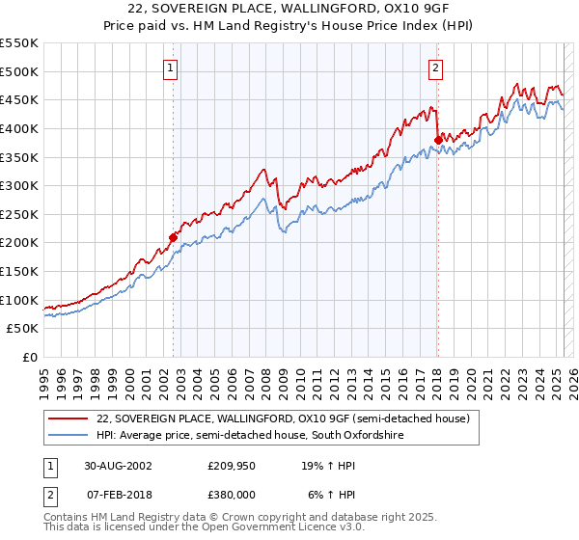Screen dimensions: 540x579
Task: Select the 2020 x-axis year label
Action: (x=470, y=374)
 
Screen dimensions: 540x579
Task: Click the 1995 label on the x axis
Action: (x=44, y=374)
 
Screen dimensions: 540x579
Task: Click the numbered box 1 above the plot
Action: (x=171, y=68)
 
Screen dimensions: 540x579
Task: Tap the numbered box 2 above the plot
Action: (x=436, y=68)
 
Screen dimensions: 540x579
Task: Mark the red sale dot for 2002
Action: (x=174, y=236)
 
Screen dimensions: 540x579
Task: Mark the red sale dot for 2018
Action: (x=438, y=139)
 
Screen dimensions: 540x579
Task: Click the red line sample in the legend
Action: (x=69, y=418)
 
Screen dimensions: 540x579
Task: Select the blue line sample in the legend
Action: (x=69, y=436)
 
